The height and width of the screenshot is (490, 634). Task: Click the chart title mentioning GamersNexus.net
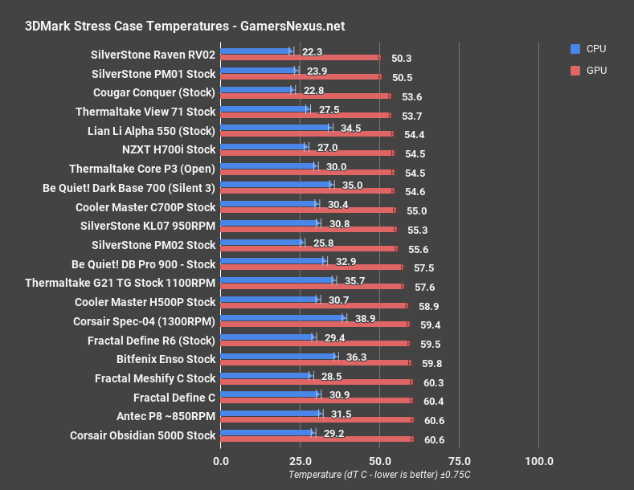click(185, 25)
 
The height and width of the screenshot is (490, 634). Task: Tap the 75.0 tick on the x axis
click(459, 461)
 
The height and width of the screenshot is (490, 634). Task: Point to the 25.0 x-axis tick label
click(300, 461)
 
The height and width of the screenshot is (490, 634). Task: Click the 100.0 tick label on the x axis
click(538, 461)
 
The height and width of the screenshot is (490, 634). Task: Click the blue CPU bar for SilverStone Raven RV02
click(256, 51)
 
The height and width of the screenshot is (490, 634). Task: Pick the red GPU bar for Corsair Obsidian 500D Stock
click(316, 439)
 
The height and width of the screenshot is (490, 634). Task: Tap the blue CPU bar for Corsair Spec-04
click(282, 318)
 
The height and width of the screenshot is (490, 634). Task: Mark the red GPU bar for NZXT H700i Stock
click(306, 153)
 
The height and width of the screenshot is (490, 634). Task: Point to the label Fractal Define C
click(174, 398)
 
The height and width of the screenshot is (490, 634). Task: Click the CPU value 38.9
click(366, 319)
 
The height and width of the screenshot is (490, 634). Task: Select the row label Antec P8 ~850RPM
click(166, 416)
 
